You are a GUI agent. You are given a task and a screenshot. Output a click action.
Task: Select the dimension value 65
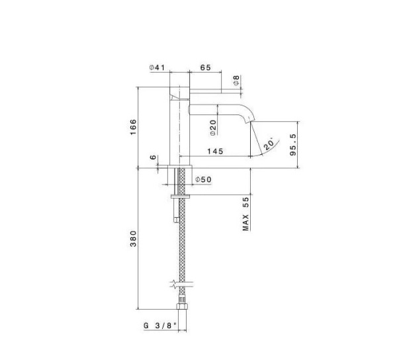(205, 67)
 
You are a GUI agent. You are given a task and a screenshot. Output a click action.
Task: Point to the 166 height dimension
(133, 126)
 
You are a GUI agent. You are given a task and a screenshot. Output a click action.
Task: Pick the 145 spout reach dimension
(214, 152)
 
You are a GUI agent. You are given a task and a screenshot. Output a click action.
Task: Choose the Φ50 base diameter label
(203, 180)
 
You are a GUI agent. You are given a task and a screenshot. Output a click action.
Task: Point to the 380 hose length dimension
(133, 238)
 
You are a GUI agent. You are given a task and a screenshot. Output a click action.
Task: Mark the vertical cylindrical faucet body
(179, 126)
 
